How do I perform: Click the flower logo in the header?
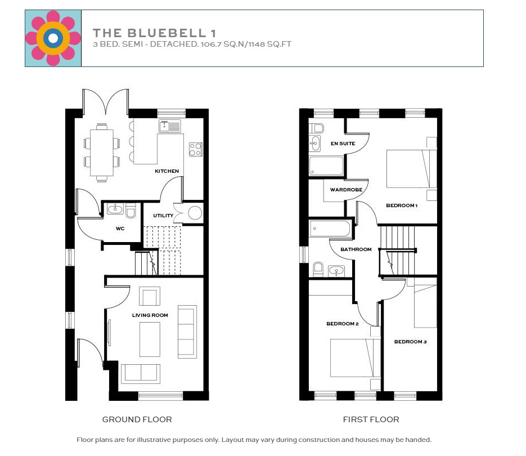(53, 38)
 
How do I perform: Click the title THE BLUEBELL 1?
(154, 33)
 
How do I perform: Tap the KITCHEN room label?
(167, 171)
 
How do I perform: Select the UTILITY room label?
(163, 216)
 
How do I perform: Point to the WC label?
(120, 229)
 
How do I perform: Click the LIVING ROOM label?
(150, 315)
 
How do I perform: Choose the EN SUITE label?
(343, 144)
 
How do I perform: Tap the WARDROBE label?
(346, 190)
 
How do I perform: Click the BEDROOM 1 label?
(402, 205)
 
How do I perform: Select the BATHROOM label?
(356, 249)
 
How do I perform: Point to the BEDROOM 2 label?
(343, 324)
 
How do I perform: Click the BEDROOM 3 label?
(410, 342)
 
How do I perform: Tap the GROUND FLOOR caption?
(137, 419)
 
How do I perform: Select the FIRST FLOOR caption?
(371, 419)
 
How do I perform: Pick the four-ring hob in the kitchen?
(195, 149)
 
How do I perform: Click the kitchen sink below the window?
(169, 126)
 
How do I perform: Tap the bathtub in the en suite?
(326, 166)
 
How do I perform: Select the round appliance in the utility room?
(195, 213)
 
